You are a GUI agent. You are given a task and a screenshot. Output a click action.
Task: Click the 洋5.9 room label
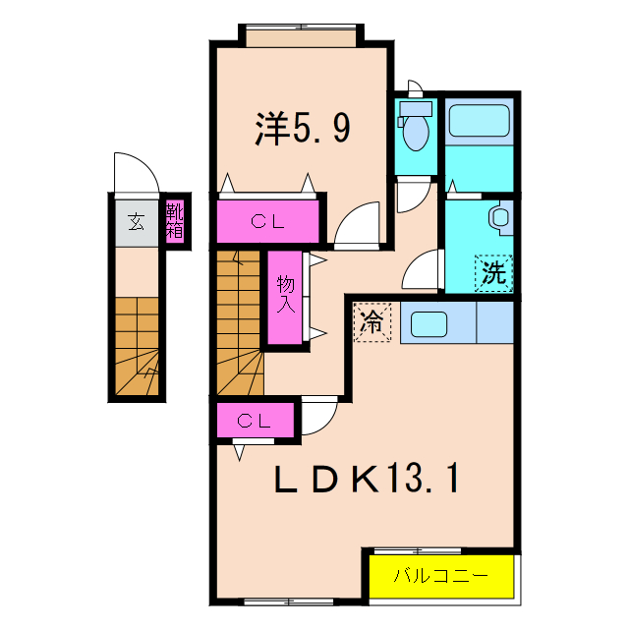302,129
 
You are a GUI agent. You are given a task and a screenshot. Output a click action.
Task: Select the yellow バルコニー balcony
441,576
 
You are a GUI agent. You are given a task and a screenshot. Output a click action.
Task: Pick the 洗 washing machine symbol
493,272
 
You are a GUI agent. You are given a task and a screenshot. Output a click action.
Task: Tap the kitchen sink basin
429,321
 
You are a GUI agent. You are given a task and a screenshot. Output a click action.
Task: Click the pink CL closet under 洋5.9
267,221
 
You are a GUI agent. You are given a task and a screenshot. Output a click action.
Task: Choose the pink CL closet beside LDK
255,422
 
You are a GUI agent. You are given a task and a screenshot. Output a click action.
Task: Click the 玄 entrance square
135,221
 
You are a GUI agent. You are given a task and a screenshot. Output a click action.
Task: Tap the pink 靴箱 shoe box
175,221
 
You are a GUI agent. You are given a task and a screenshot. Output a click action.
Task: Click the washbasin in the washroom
500,217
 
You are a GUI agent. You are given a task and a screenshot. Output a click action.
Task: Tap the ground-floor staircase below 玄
136,344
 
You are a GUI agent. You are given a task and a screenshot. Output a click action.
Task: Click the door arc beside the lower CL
317,417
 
